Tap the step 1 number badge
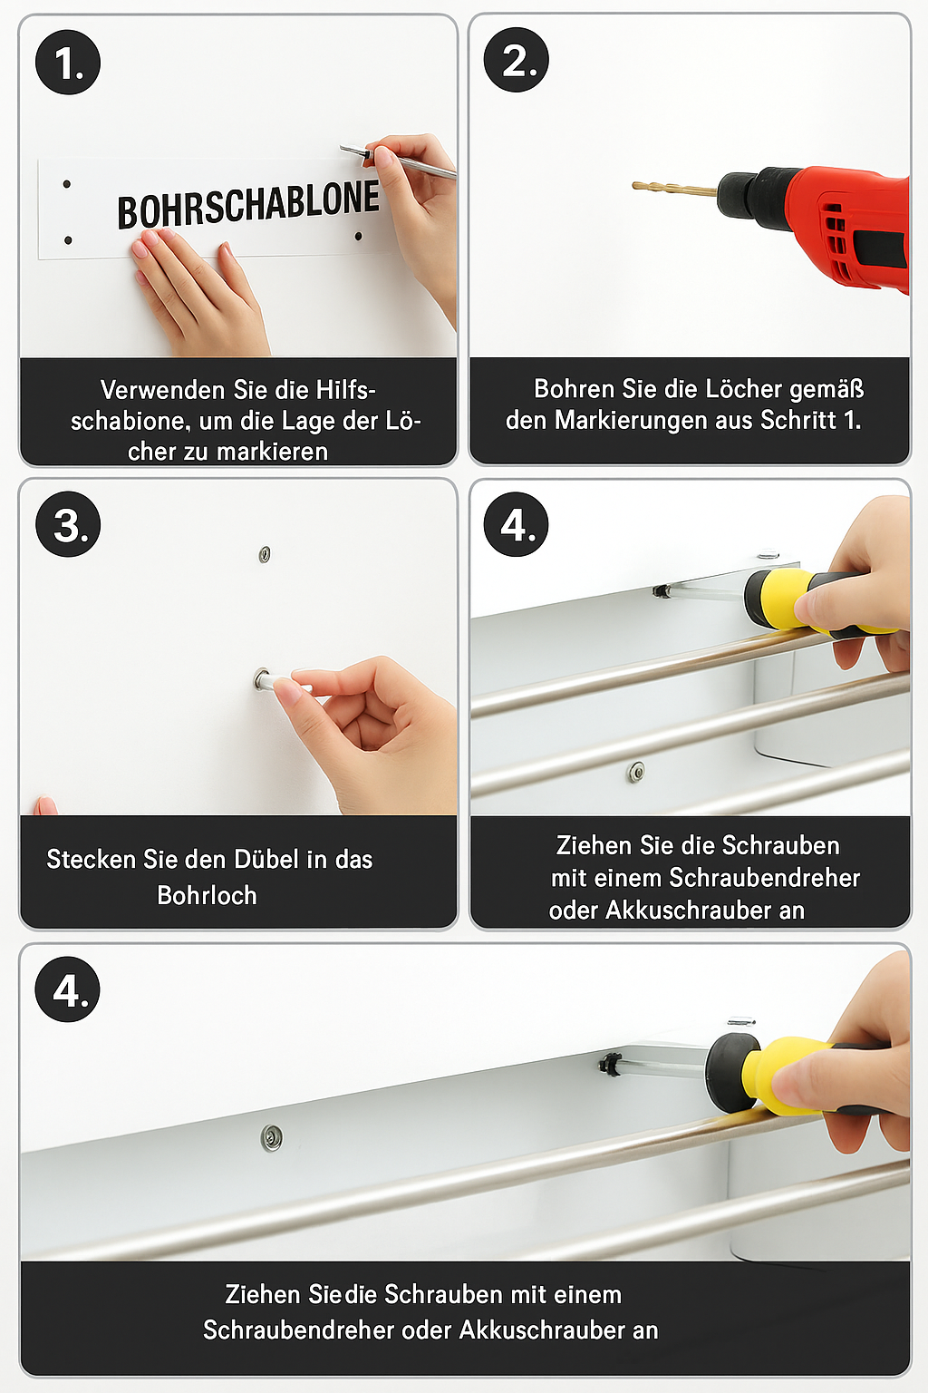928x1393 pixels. (x=68, y=63)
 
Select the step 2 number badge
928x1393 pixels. (x=516, y=61)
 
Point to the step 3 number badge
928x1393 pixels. (x=68, y=524)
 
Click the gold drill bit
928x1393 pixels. (x=675, y=187)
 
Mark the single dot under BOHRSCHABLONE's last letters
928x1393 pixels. (x=358, y=237)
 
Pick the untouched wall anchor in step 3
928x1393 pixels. (x=264, y=553)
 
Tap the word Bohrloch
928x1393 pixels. (x=207, y=895)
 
